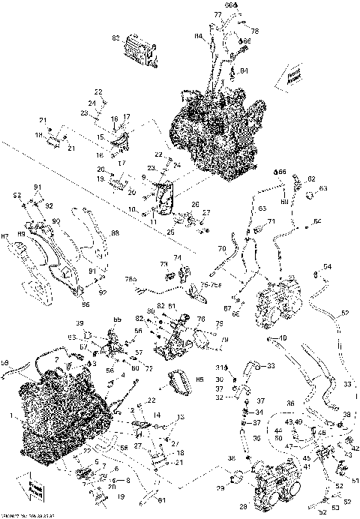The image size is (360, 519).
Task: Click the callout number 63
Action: pos(324,187)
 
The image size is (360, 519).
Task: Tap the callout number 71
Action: pos(271,221)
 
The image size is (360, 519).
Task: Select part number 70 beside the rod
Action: pos(222,247)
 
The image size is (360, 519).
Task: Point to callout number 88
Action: pos(115,234)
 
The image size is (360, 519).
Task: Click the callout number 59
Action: pos(6,363)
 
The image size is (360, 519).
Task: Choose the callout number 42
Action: pos(355,448)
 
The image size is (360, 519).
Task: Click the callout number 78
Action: pos(254,31)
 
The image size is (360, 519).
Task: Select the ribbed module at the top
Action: pos(139,48)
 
